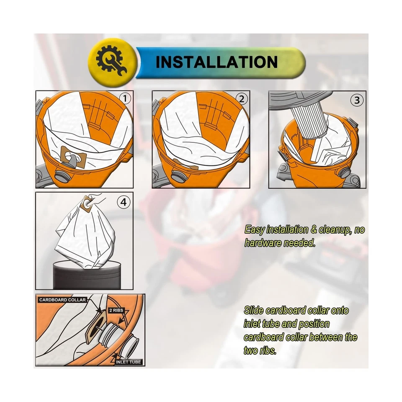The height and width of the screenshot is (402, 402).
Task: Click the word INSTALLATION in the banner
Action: pos(216,62)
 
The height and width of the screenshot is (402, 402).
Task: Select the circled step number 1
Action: pos(125,99)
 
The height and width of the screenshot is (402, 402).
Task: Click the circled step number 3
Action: pos(356,100)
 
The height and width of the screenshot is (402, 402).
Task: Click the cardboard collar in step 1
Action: pos(73,157)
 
